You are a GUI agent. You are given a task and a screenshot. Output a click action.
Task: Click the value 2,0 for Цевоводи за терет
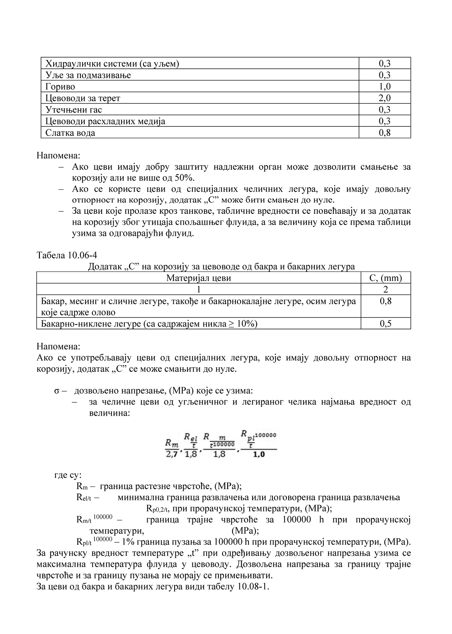coord(384,98)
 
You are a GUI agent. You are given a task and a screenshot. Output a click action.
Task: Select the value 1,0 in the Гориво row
coord(384,87)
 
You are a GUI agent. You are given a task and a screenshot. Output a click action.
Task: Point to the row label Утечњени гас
coord(73,110)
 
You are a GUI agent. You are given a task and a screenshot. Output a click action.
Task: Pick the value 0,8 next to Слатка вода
coord(384,133)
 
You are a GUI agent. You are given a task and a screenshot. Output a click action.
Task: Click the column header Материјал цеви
coord(199,278)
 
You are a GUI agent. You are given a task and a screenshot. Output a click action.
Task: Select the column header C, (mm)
coord(385,278)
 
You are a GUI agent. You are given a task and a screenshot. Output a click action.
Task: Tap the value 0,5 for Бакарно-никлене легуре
coord(385,324)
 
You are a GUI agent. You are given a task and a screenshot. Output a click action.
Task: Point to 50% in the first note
coord(185,178)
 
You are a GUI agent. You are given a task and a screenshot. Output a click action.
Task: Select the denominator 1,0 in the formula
coord(259,455)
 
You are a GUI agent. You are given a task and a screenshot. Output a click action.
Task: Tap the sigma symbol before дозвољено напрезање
coord(57,391)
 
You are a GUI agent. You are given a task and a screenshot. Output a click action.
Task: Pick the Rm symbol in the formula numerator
coord(171,443)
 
